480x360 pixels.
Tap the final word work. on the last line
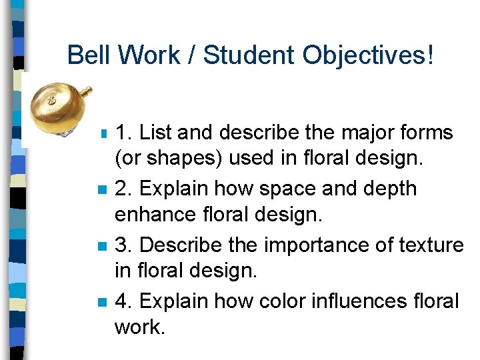139,328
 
